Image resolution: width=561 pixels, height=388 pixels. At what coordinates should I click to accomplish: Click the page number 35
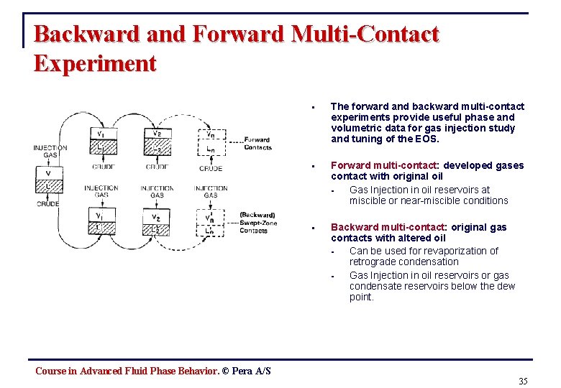pos(523,381)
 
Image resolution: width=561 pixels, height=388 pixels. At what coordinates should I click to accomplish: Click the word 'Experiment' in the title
pos(95,63)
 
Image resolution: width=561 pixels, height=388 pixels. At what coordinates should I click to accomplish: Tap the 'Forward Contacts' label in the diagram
pos(257,144)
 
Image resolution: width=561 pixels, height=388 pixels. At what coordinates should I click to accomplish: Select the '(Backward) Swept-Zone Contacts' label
pos(257,223)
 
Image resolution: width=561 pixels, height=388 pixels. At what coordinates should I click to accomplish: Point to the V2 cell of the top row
pos(156,133)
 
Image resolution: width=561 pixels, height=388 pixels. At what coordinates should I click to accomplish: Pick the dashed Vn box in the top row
pos(210,134)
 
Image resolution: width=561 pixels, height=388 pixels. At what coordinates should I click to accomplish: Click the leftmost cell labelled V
pos(47,172)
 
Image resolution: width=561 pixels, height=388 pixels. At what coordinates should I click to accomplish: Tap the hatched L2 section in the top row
pos(156,148)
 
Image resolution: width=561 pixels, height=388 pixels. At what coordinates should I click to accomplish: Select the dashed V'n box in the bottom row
pos(209,217)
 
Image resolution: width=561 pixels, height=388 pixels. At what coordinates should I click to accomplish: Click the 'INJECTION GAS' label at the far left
pos(50,152)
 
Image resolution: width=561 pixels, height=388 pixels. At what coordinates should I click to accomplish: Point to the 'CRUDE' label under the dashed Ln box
pos(210,169)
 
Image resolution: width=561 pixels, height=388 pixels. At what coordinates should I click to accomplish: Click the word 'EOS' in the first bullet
pos(424,139)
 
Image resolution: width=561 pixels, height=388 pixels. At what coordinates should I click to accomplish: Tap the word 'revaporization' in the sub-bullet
pos(457,251)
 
